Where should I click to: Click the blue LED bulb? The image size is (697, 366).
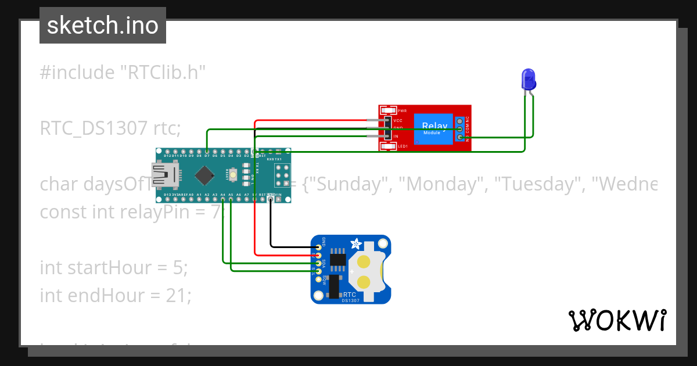528,78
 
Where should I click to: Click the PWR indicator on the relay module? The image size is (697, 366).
389,110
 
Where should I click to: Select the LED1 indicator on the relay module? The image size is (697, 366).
389,146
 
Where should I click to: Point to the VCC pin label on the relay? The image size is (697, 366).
398,120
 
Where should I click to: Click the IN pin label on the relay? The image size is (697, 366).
396,137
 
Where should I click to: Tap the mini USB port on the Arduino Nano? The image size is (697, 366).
163,174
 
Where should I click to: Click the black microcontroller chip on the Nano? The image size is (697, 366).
204,174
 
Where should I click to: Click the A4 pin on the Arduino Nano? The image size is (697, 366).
223,198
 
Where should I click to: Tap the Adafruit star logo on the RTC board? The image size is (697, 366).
354,244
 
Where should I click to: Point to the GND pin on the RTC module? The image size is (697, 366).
318,247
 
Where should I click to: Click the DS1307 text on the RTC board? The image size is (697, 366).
350,300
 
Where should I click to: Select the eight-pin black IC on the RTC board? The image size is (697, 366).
337,260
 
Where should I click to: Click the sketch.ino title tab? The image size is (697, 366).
103,26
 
